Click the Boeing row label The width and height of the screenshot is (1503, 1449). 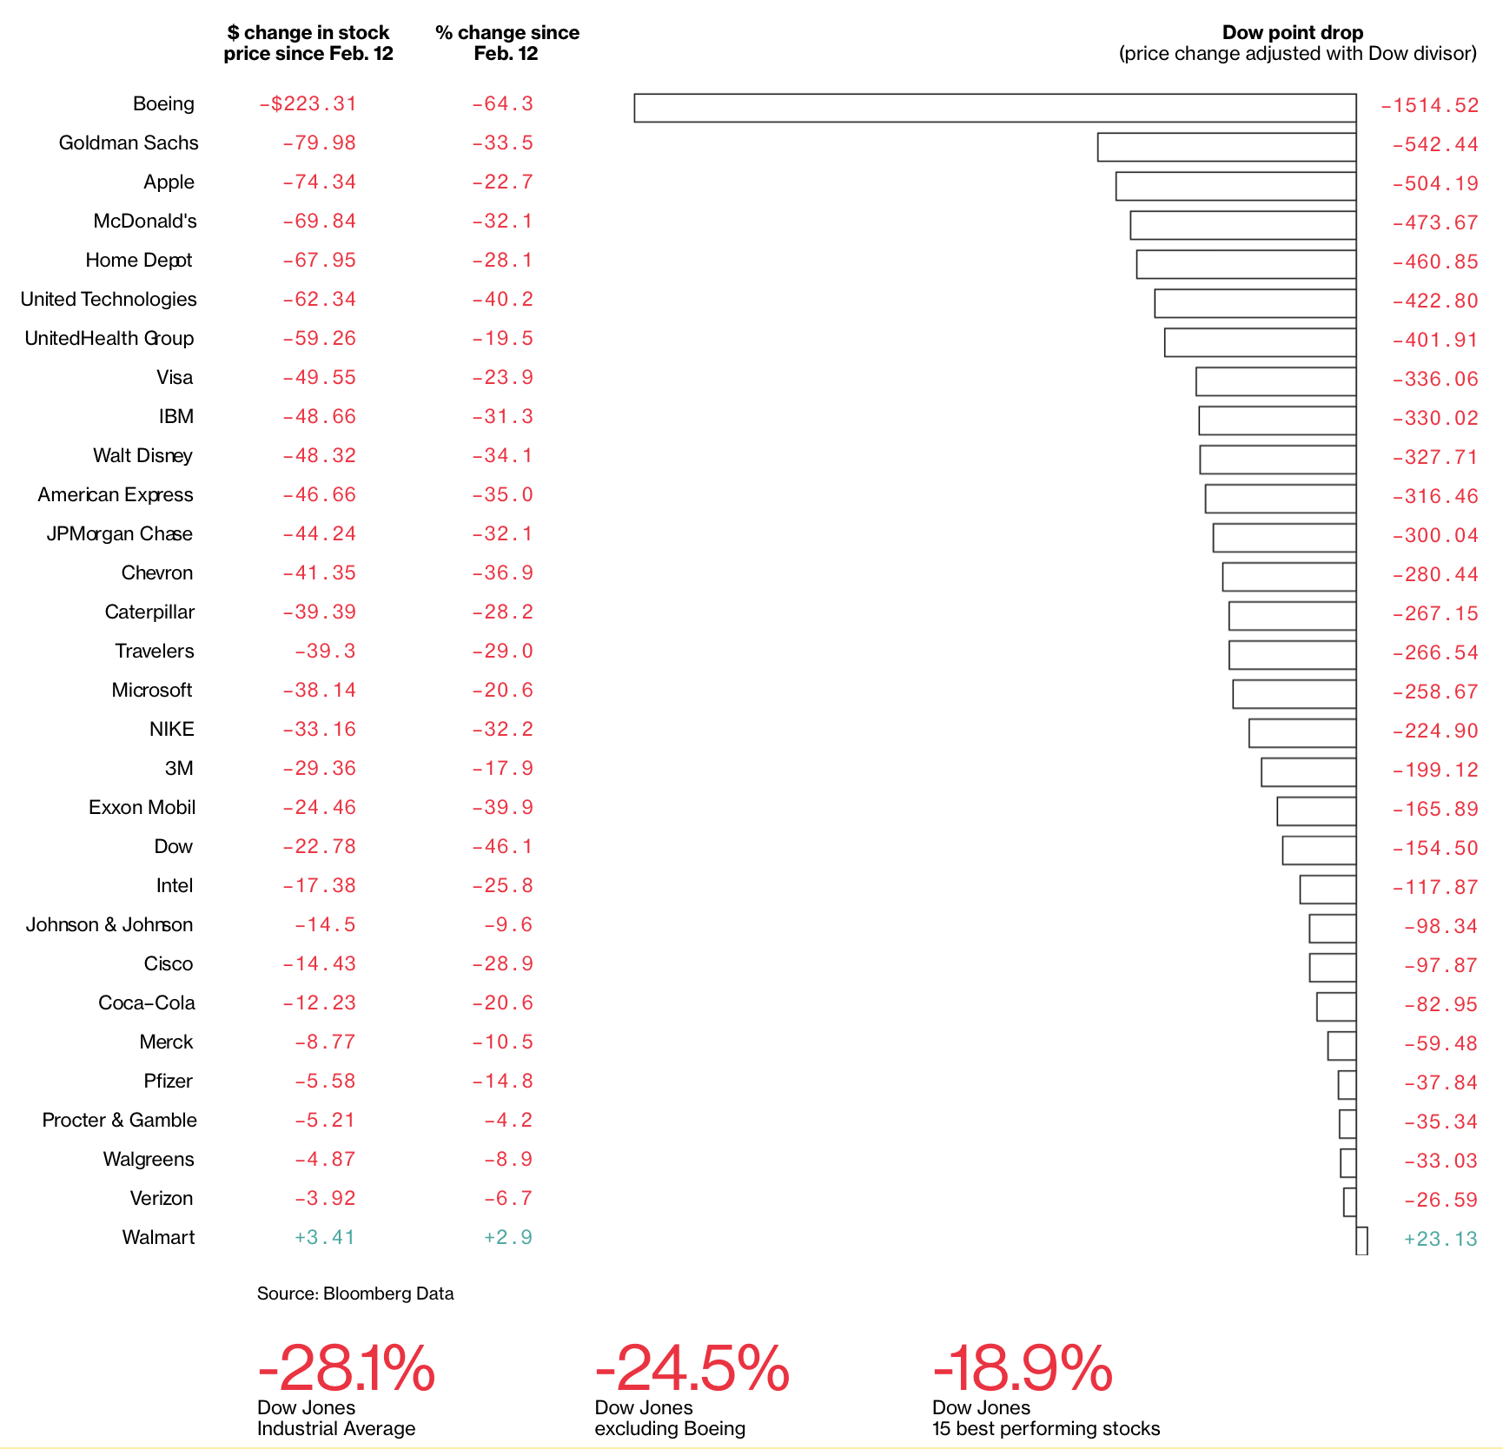tap(163, 104)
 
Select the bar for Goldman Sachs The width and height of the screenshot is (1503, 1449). tap(1226, 147)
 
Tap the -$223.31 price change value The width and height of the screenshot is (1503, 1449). tap(308, 104)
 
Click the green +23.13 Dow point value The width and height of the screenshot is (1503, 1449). tap(1440, 1239)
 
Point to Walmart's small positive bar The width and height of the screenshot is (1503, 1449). tap(1361, 1241)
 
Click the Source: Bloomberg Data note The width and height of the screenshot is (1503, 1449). tap(355, 1294)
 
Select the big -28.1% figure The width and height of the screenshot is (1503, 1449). tap(346, 1369)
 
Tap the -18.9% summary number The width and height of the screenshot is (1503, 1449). tap(1022, 1369)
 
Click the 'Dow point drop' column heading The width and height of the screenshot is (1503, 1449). tap(1292, 33)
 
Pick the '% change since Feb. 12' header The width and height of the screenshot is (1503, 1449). tap(507, 43)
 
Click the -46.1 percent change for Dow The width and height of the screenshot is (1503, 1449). tap(502, 847)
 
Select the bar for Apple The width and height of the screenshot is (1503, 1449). tap(1235, 186)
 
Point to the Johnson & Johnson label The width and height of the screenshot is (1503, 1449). tap(109, 925)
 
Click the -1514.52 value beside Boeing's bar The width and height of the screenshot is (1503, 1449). tap(1429, 106)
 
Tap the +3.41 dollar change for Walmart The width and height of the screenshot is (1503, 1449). tap(324, 1238)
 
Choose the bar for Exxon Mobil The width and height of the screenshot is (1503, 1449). tap(1316, 811)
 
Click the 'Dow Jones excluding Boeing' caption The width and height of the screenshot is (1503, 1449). tap(669, 1418)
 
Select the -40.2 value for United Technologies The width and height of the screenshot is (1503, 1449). tap(502, 300)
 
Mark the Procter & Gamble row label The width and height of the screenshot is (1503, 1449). tap(119, 1121)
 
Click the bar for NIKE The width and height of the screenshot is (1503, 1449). tap(1301, 733)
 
